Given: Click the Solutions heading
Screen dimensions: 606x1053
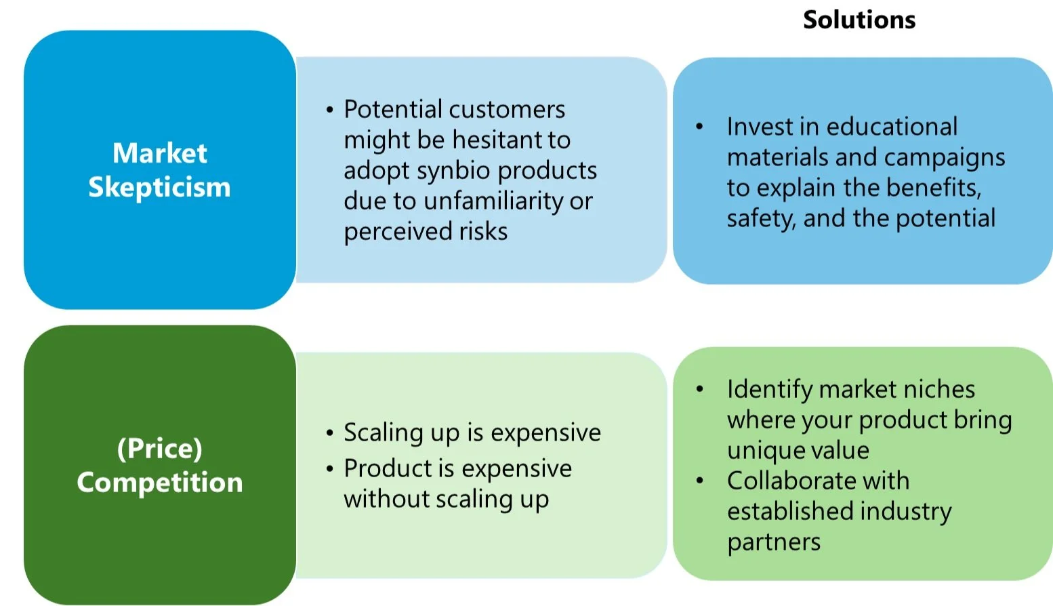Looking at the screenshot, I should click(x=859, y=20).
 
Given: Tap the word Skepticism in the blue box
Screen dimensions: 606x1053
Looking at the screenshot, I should click(x=159, y=187).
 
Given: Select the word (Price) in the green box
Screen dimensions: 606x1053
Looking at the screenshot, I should click(x=159, y=449).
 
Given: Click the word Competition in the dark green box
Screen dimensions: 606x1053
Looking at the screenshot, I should click(x=159, y=483).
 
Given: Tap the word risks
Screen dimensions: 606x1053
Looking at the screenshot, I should click(x=483, y=232).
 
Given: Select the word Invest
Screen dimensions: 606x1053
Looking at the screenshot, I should click(x=759, y=127).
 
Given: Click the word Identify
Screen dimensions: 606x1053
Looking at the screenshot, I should click(x=769, y=390).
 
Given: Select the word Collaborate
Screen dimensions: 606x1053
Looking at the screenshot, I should click(x=784, y=481).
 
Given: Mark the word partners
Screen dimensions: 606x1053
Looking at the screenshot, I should click(x=773, y=542).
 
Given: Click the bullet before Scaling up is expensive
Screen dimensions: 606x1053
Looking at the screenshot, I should click(x=329, y=433).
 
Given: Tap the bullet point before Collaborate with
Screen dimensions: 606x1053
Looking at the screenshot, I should click(x=699, y=481).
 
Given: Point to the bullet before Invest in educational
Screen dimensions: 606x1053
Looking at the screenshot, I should click(x=699, y=127).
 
